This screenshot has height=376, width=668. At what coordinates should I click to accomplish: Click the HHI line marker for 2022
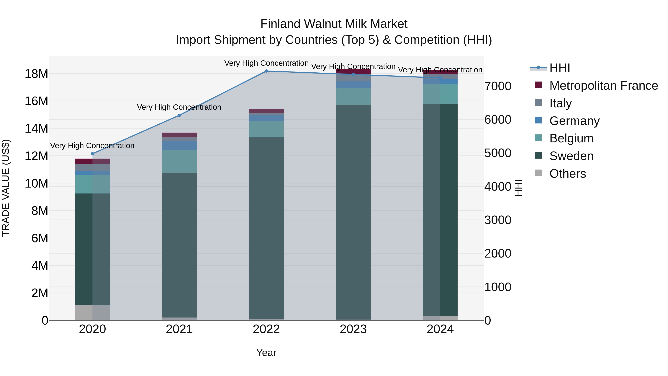point(266,71)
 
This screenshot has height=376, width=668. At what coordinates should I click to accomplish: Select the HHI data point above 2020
point(93,154)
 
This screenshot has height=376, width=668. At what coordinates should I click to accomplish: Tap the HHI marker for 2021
point(179,115)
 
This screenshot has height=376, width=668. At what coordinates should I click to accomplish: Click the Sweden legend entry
point(571,156)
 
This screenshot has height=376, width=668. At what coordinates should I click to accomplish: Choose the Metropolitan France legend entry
point(603,86)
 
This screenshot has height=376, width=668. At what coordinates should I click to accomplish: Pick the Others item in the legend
point(567,174)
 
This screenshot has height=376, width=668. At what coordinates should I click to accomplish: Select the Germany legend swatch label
point(574,121)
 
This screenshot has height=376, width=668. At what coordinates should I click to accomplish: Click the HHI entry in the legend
point(560,68)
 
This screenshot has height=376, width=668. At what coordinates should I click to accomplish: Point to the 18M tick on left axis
point(36,74)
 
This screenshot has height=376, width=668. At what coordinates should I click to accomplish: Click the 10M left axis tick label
point(36,184)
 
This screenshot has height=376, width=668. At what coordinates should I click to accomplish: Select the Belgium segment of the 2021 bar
point(179,161)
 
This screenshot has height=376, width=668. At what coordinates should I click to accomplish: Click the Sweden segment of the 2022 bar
point(266,228)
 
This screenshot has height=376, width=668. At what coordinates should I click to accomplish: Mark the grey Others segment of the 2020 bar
point(93,313)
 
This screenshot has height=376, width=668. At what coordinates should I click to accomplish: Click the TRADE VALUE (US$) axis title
point(6,188)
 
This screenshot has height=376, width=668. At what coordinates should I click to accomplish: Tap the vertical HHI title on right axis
point(518,188)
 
